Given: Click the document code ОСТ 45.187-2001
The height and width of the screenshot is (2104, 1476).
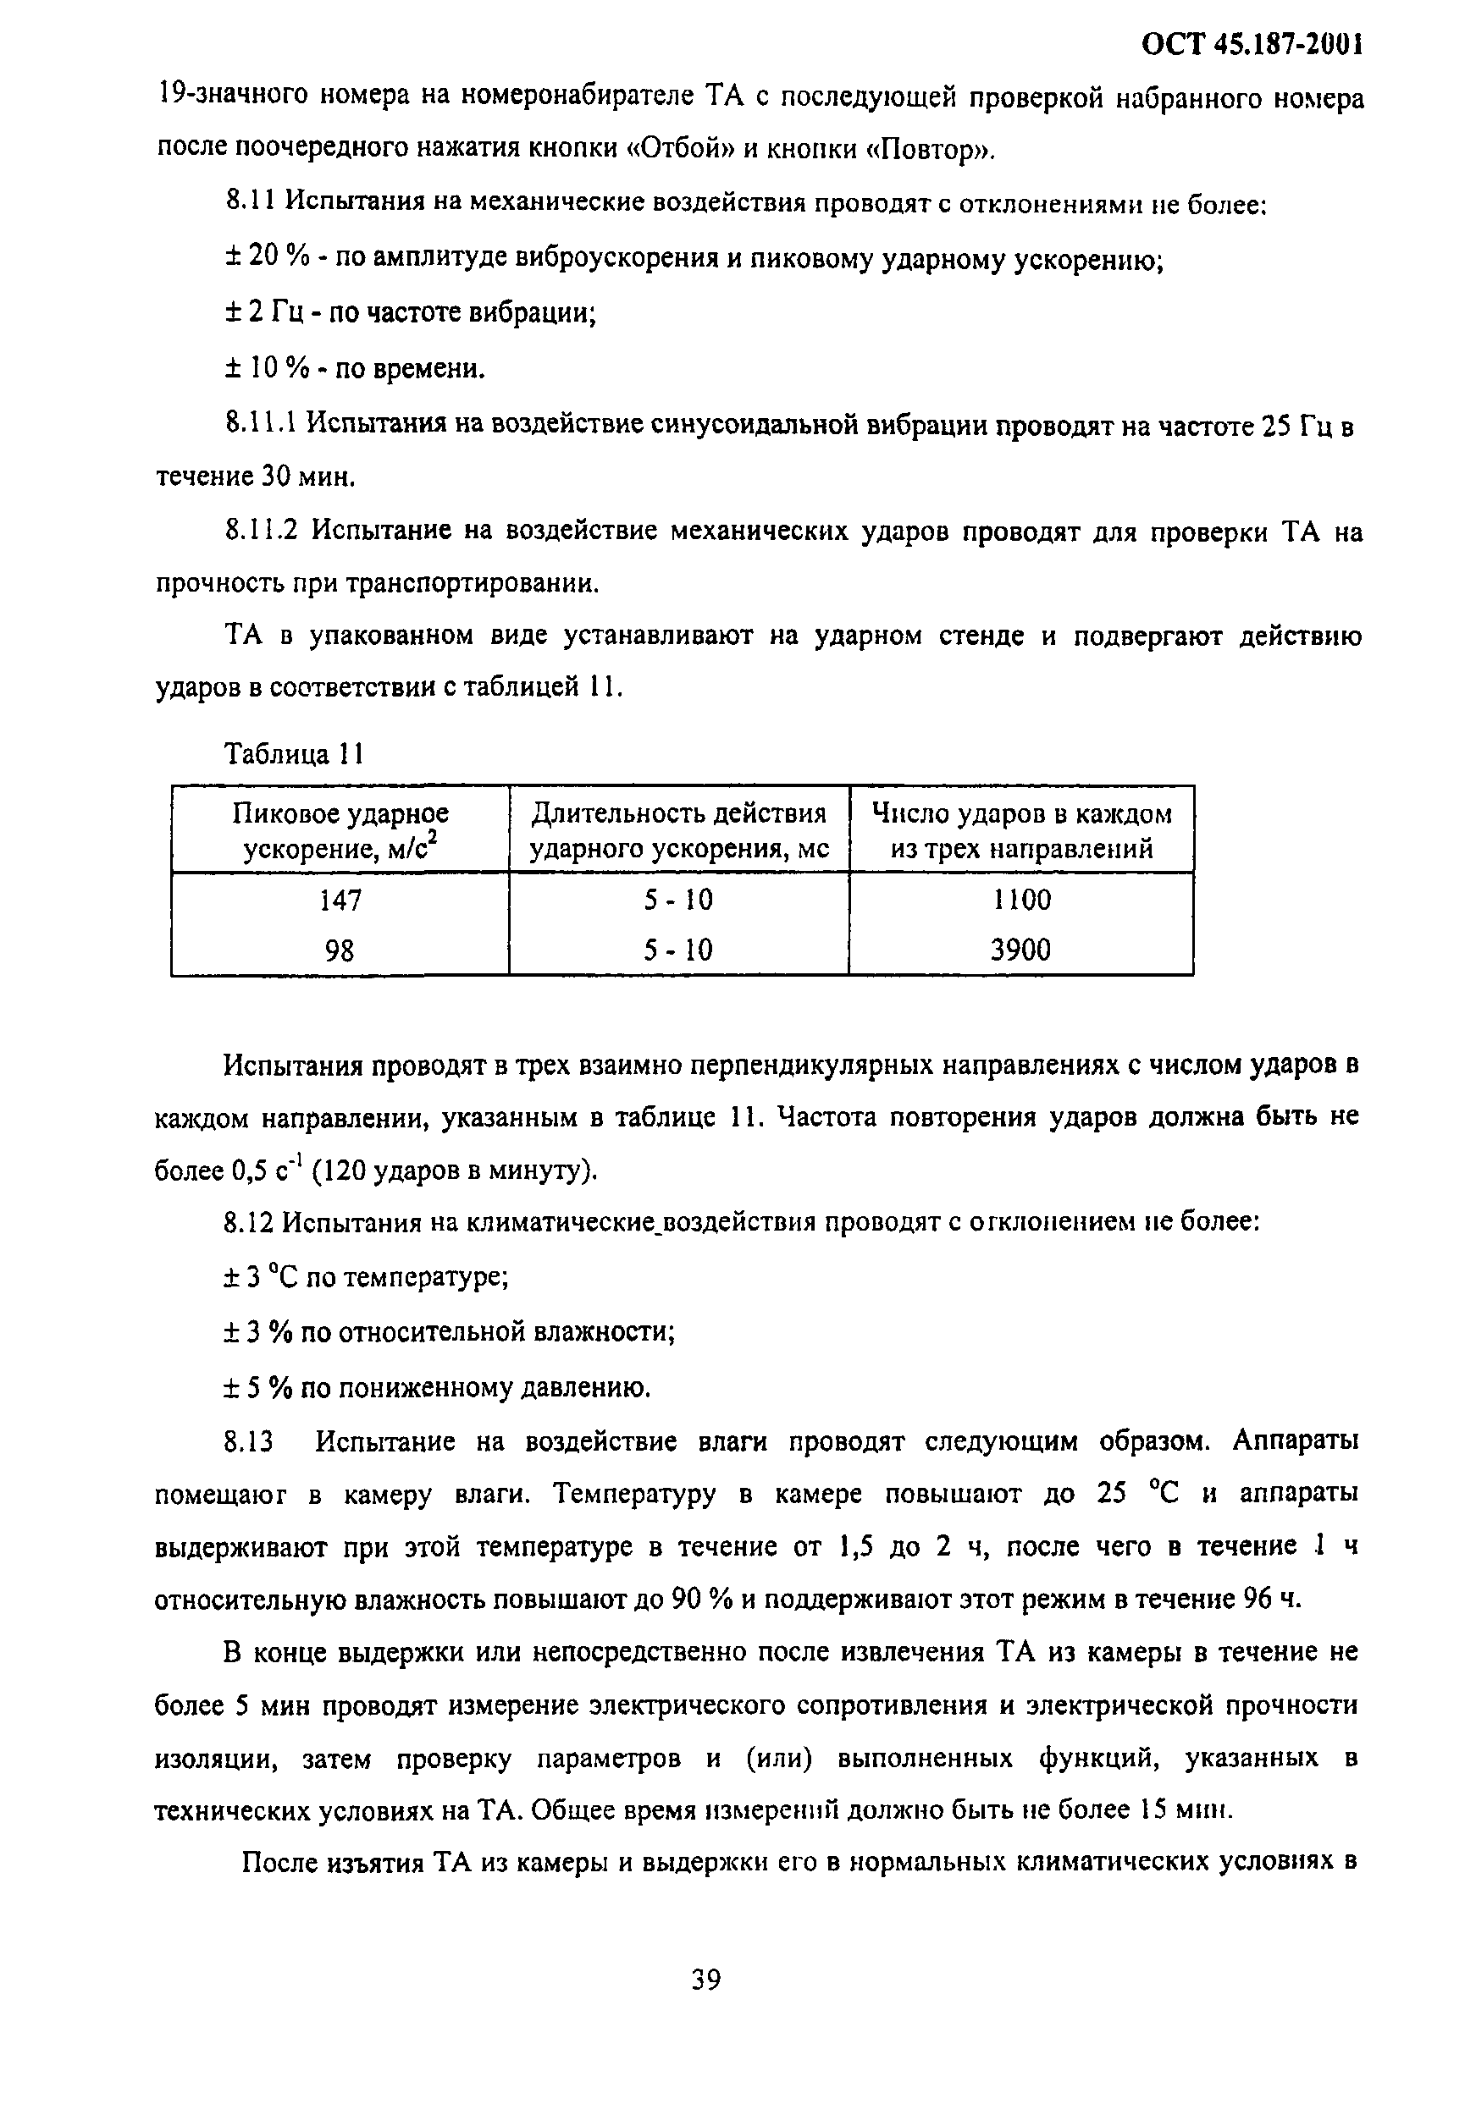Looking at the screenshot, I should click(x=1251, y=43).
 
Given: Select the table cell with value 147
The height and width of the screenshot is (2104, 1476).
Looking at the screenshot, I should click(x=340, y=901).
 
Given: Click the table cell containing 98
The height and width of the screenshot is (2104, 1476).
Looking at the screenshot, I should click(x=340, y=950).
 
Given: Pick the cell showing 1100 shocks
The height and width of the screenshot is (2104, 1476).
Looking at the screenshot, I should click(x=1021, y=900).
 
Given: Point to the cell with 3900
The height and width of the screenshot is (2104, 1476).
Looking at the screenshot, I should click(x=1020, y=950).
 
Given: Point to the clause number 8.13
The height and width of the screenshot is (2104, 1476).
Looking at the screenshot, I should click(x=248, y=1442).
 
